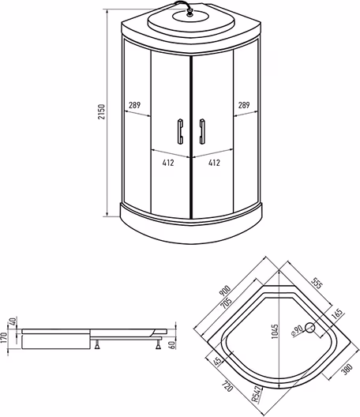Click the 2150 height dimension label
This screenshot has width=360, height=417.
pyautogui.click(x=102, y=111)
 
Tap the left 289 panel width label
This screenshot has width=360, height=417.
pyautogui.click(x=134, y=105)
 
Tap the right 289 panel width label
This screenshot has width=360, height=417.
pyautogui.click(x=244, y=105)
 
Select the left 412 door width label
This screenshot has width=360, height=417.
pyautogui.click(x=168, y=163)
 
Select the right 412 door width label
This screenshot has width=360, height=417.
pyautogui.click(x=214, y=163)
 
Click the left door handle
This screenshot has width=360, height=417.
pyautogui.click(x=180, y=131)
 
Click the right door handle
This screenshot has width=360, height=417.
pyautogui.click(x=202, y=131)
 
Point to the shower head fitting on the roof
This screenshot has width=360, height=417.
pyautogui.click(x=189, y=12)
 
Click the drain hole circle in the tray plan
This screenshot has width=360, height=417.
pyautogui.click(x=309, y=328)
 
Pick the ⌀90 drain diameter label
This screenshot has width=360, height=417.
pyautogui.click(x=297, y=331)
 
